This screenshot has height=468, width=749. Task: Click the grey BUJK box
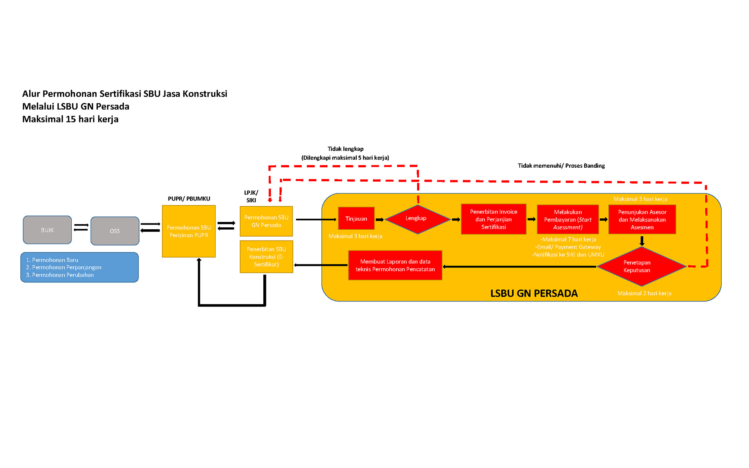pyautogui.click(x=47, y=230)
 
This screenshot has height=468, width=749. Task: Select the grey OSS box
pyautogui.click(x=115, y=231)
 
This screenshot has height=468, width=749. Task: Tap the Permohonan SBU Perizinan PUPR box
pyautogui.click(x=189, y=231)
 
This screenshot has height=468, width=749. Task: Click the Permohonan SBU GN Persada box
pyautogui.click(x=266, y=221)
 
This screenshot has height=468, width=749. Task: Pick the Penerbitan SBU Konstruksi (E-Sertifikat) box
pyautogui.click(x=266, y=257)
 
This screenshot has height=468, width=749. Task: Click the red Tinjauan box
pyautogui.click(x=356, y=219)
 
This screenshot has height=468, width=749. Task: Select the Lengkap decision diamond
pyautogui.click(x=417, y=219)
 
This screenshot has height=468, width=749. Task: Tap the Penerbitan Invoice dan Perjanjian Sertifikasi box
pyautogui.click(x=493, y=219)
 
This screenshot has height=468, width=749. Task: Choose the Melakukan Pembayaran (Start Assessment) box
pyautogui.click(x=568, y=220)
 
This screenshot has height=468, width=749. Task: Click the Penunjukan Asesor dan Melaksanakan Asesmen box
pyautogui.click(x=642, y=220)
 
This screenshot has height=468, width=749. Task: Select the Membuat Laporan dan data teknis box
pyautogui.click(x=395, y=265)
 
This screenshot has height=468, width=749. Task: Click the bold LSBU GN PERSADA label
pyautogui.click(x=534, y=293)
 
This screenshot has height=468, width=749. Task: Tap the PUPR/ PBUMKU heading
pyautogui.click(x=189, y=199)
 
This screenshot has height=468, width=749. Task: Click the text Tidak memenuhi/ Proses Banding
pyautogui.click(x=561, y=166)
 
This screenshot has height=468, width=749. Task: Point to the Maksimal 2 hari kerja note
pyautogui.click(x=644, y=293)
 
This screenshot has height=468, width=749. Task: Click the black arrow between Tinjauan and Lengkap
pyautogui.click(x=380, y=220)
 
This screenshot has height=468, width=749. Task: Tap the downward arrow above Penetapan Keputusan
pyautogui.click(x=642, y=241)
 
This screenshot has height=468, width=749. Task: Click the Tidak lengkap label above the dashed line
pyautogui.click(x=345, y=149)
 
